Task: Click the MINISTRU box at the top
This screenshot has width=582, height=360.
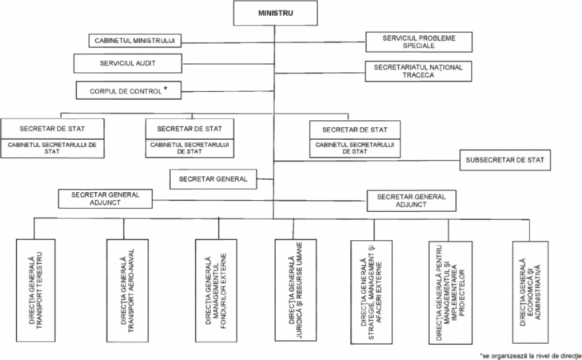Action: [273, 14]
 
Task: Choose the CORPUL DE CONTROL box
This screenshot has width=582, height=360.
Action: [127, 90]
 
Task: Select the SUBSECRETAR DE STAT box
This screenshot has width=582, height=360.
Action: [504, 160]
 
